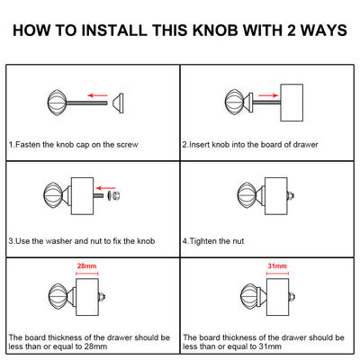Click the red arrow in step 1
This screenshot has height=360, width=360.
tap(97, 95)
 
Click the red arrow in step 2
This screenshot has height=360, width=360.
tap(268, 95)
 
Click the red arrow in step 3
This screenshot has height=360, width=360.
tap(105, 188)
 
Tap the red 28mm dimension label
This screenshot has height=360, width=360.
tap(86, 265)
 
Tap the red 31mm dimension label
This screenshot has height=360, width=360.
tap(277, 265)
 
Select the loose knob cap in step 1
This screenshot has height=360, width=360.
tap(118, 103)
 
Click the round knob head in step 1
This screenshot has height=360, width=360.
tap(57, 103)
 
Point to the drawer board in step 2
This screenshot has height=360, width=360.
tap(292, 103)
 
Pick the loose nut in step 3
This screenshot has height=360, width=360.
tap(117, 195)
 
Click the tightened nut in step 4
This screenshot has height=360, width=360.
tap(291, 196)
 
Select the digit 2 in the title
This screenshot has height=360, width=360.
tap(291, 31)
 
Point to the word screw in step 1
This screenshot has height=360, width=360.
tap(127, 145)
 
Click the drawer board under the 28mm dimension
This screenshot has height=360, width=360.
tap(87, 297)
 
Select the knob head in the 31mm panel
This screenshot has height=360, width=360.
tap(250, 296)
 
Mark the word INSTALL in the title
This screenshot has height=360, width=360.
tap(114, 31)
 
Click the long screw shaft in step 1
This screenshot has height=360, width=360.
tap(86, 103)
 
